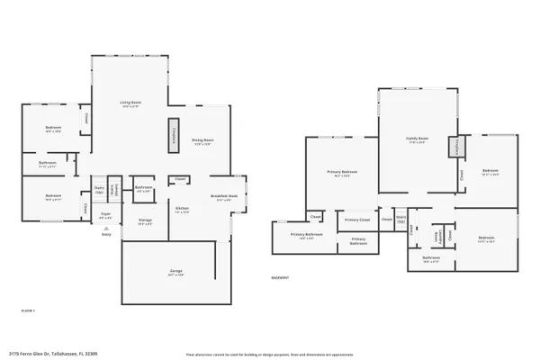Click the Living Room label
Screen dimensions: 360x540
coord(131,103)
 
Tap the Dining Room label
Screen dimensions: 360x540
coord(202,139)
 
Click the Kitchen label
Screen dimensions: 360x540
coord(183,209)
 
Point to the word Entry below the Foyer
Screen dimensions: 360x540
coord(106,232)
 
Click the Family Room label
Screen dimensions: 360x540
coord(418,139)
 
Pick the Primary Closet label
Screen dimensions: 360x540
coord(356,220)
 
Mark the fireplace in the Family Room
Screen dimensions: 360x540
coord(457,145)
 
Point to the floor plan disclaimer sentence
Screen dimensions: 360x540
coord(270,354)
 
